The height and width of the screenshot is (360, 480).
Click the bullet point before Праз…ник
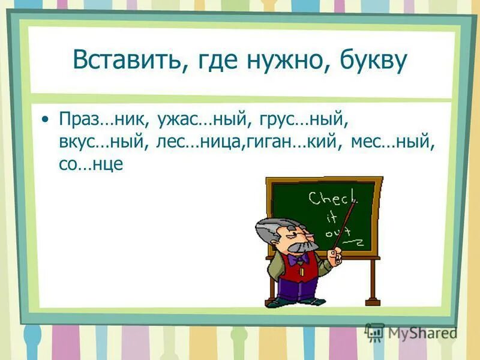click(46, 119)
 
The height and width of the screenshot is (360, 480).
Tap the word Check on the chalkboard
click(332, 198)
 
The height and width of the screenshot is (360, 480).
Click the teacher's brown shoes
click(297, 302)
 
